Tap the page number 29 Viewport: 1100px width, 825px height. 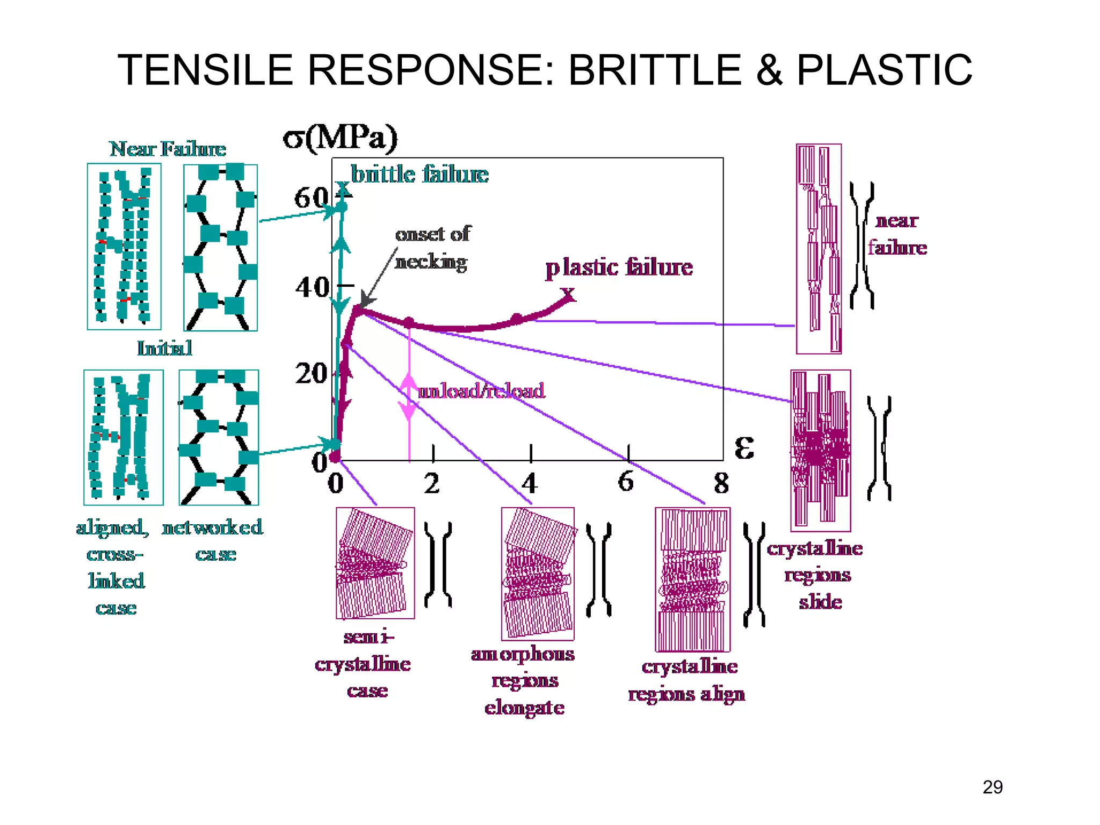[993, 787]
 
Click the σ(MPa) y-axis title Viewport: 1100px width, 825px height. [341, 137]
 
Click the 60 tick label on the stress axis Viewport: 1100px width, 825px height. [310, 198]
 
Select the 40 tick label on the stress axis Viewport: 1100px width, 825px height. [312, 287]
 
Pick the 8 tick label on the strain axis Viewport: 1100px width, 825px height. [721, 483]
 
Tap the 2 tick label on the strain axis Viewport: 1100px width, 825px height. [432, 483]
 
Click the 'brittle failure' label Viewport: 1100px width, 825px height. [419, 175]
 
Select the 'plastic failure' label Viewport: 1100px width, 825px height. [619, 267]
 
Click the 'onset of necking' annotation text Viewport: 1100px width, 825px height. [432, 248]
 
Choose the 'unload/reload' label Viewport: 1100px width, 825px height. [481, 390]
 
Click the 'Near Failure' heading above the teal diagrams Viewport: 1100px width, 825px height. [168, 149]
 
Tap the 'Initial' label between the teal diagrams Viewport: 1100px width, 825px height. [164, 348]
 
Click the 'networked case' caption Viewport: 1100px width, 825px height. [213, 540]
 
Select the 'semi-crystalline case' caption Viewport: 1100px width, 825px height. [364, 664]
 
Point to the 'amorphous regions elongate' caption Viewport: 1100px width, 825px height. [523, 681]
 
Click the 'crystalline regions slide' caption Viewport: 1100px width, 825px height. [816, 575]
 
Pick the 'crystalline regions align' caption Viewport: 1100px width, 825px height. [687, 680]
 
